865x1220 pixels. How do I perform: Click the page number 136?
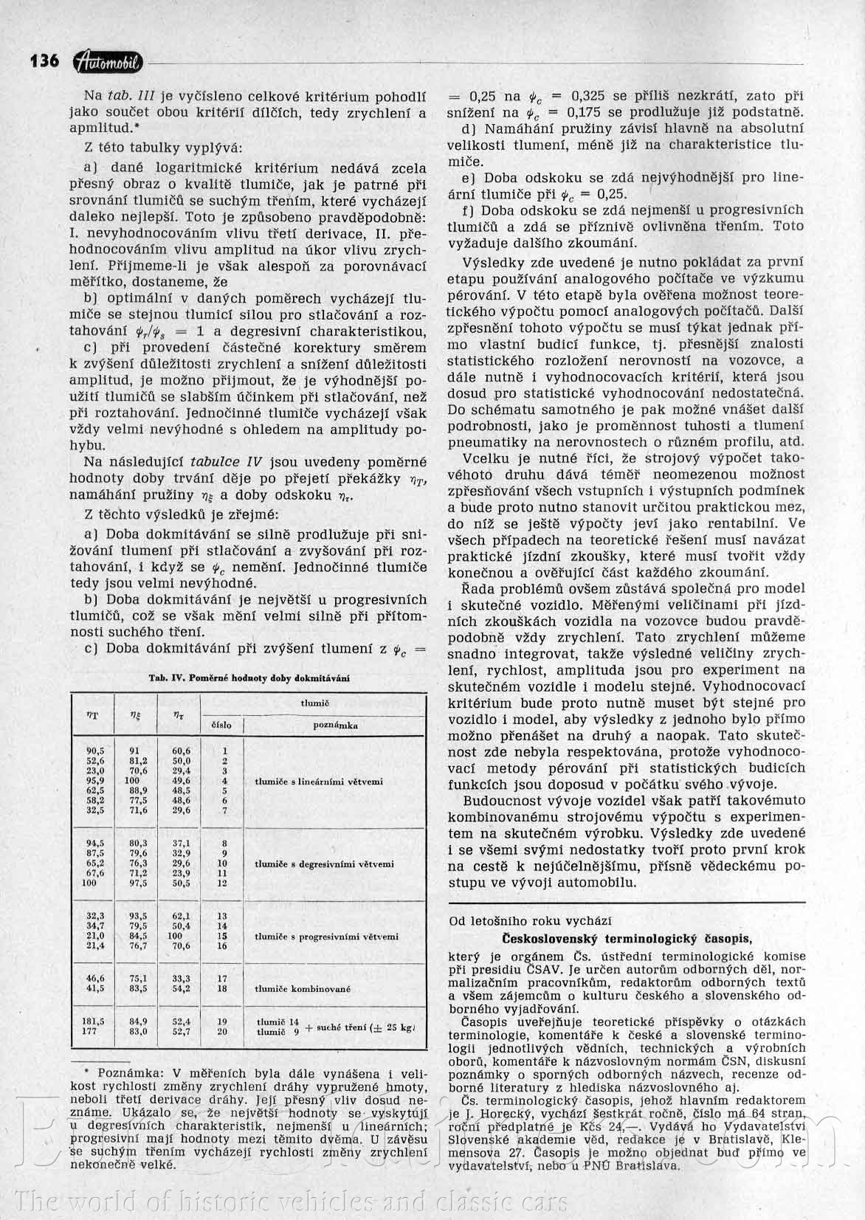44,61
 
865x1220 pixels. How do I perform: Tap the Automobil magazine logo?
110,63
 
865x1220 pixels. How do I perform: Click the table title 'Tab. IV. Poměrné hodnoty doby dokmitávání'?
249,677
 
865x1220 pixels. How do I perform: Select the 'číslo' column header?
221,725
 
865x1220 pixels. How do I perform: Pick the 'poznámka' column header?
336,725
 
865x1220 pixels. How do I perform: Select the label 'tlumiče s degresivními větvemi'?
325,863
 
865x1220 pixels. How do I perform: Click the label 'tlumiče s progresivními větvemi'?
327,936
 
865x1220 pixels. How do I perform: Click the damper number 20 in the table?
222,1031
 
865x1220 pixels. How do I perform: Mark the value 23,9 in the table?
181,872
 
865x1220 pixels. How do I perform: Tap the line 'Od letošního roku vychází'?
530,920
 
